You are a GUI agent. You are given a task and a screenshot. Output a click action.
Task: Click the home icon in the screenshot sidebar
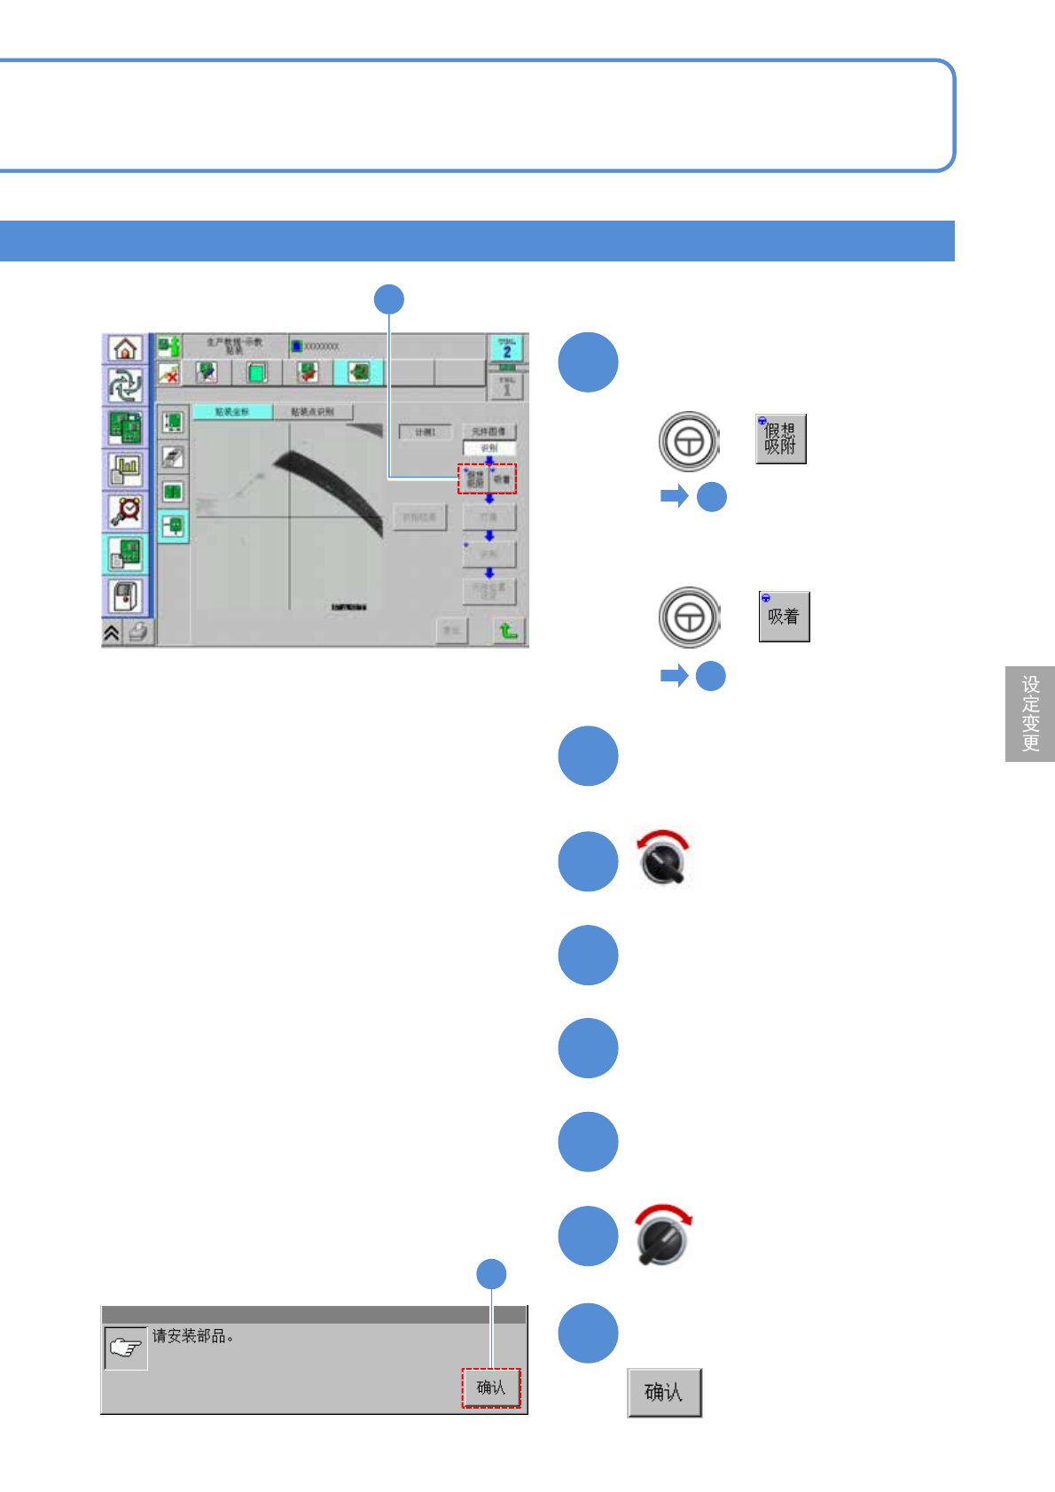tap(126, 348)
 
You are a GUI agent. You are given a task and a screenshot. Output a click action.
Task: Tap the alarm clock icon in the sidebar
tap(126, 510)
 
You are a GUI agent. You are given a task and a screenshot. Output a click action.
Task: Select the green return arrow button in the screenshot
tap(508, 630)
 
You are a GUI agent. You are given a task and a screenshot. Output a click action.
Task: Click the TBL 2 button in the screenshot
tap(506, 348)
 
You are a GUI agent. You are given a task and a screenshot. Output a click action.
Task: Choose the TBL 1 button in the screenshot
tap(506, 386)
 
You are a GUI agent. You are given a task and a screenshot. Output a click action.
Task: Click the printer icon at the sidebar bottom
tap(138, 632)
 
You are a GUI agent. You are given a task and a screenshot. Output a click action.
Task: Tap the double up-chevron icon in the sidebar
tap(112, 632)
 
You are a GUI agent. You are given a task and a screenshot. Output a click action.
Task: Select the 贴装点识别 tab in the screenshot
tap(312, 412)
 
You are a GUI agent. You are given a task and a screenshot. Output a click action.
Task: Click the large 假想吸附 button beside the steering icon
tap(780, 439)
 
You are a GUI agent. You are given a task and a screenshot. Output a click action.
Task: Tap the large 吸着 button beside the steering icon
tap(784, 617)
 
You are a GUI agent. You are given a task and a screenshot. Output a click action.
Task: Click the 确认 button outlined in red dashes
tap(490, 1387)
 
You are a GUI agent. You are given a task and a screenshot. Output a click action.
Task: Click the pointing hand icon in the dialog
tap(125, 1348)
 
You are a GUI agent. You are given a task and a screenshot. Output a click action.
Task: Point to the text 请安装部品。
tap(192, 1336)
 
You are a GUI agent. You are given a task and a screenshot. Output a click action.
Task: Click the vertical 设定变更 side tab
tap(1030, 713)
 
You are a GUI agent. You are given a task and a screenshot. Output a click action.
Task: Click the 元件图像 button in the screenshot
tap(488, 431)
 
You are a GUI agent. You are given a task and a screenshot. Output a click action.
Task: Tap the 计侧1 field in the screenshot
tap(426, 431)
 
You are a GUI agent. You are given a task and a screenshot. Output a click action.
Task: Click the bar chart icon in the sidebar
tap(126, 470)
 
